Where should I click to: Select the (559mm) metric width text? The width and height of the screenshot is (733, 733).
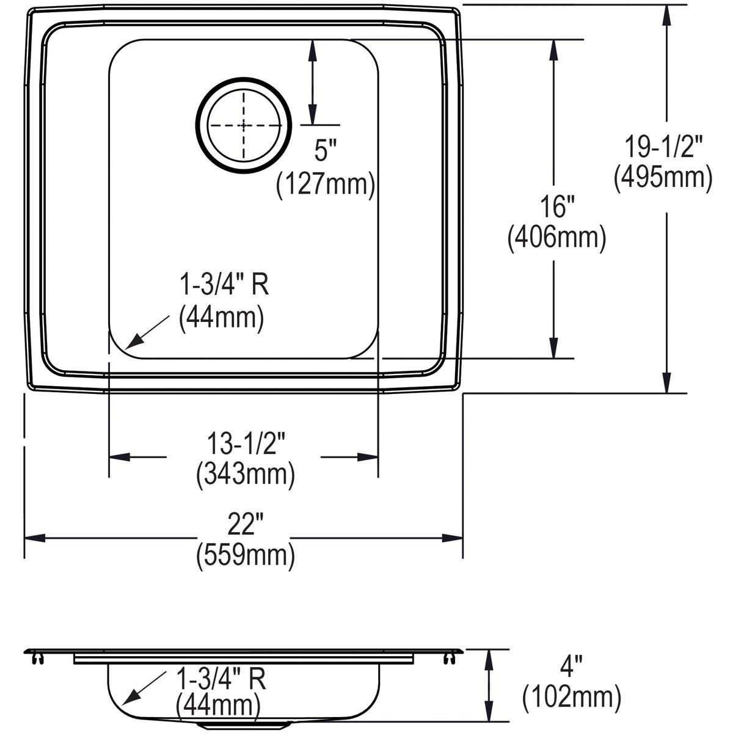coord(246,556)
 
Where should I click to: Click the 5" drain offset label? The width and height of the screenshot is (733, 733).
coord(326,151)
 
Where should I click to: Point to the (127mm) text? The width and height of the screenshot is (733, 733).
coord(326,183)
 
